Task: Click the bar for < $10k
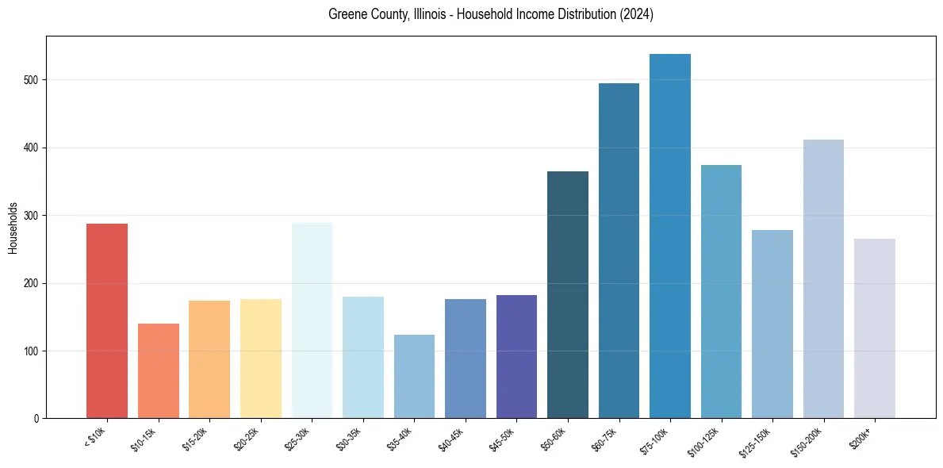(106, 321)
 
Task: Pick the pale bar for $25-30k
(312, 320)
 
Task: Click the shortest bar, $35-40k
(414, 377)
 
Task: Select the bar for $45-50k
(516, 357)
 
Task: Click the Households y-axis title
(13, 228)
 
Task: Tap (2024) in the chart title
(636, 15)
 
